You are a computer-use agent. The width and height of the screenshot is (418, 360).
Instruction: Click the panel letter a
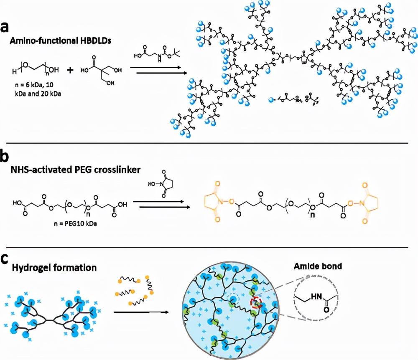tap(5, 27)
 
